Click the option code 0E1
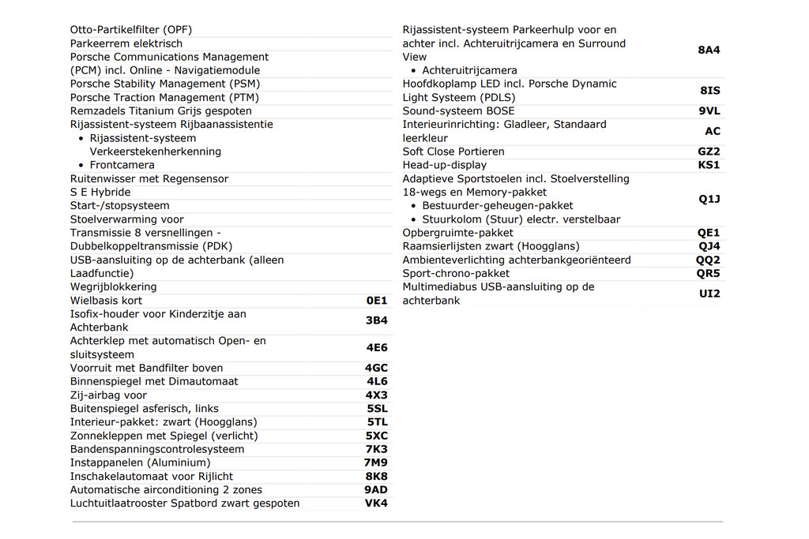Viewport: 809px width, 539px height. pyautogui.click(x=377, y=301)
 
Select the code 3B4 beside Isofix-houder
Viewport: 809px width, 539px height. pyautogui.click(x=376, y=320)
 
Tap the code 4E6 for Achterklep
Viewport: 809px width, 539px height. pyautogui.click(x=376, y=347)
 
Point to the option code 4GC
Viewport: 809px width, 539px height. pyautogui.click(x=376, y=368)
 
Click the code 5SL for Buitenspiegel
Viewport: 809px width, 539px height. pyautogui.click(x=377, y=409)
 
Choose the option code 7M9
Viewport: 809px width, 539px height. pyautogui.click(x=376, y=462)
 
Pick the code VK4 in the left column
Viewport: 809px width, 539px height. pyautogui.click(x=376, y=503)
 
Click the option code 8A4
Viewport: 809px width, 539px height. pyautogui.click(x=709, y=50)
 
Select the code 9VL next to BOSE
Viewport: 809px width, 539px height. pyautogui.click(x=709, y=111)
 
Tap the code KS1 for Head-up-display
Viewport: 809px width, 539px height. pyautogui.click(x=709, y=165)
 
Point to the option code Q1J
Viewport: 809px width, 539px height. pyautogui.click(x=709, y=199)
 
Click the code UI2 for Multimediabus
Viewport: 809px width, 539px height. pyautogui.click(x=709, y=294)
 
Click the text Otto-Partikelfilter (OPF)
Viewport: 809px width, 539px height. pyautogui.click(x=131, y=30)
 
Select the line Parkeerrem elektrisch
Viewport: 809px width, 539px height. pyautogui.click(x=126, y=43)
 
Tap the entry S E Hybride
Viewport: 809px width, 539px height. pyautogui.click(x=100, y=192)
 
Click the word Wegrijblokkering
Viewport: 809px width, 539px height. pyautogui.click(x=113, y=286)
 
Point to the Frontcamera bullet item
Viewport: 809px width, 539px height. pyautogui.click(x=122, y=165)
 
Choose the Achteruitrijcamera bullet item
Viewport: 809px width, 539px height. pyautogui.click(x=469, y=70)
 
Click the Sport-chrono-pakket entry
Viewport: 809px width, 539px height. pyautogui.click(x=456, y=273)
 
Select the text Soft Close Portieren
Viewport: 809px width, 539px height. pyautogui.click(x=453, y=152)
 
